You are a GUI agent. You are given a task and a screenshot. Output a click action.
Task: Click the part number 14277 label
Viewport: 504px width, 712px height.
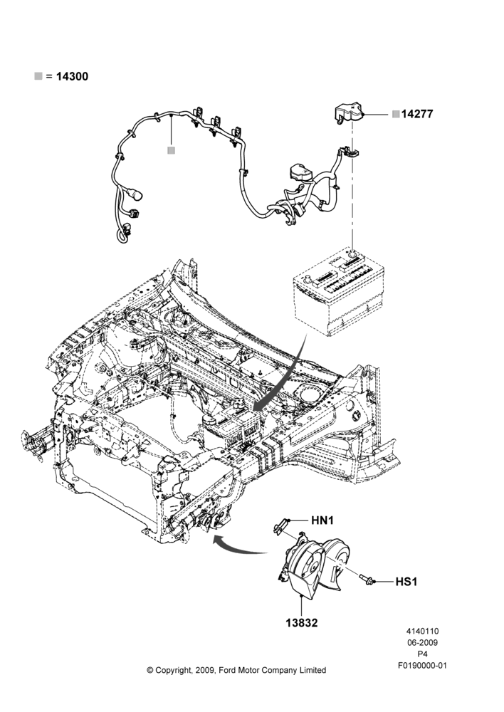click(417, 114)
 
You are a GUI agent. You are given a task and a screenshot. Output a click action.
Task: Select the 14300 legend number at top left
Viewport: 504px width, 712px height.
click(72, 76)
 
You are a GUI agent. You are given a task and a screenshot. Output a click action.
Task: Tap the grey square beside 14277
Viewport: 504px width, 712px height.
click(396, 114)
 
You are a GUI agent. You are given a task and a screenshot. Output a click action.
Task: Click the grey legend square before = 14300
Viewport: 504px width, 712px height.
click(38, 76)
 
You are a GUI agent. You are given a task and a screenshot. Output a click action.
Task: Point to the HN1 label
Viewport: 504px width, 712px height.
click(322, 520)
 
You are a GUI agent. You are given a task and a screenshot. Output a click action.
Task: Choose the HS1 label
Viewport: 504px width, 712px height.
click(406, 581)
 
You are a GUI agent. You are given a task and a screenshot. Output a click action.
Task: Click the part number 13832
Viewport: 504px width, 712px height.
click(302, 623)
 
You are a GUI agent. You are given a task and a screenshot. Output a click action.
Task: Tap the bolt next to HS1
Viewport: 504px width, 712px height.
click(366, 579)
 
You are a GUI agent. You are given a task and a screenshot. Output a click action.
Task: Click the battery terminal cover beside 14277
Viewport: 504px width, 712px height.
click(349, 113)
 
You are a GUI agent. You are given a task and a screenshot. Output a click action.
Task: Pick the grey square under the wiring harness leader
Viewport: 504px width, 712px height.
click(171, 150)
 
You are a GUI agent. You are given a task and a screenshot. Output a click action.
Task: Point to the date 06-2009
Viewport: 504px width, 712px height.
click(422, 642)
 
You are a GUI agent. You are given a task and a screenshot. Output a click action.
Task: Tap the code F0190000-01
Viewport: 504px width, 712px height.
click(422, 666)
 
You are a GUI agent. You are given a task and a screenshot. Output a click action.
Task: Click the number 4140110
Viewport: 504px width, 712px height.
click(422, 631)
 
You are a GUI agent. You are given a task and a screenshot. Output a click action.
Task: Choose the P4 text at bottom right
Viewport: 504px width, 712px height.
click(422, 654)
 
